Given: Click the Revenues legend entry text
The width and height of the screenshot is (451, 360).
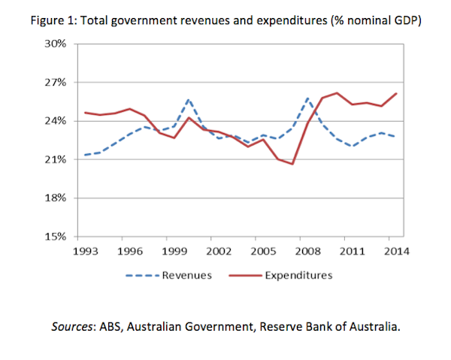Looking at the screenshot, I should click(x=187, y=275).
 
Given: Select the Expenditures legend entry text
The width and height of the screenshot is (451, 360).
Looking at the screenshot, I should click(x=298, y=275).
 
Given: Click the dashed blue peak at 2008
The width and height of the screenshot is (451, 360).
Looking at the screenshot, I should click(x=307, y=98).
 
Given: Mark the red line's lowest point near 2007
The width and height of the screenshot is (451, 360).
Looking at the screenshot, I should click(x=292, y=164).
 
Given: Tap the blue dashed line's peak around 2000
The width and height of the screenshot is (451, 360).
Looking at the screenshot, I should click(x=189, y=99).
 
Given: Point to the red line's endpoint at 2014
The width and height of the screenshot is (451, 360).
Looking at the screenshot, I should click(x=396, y=94).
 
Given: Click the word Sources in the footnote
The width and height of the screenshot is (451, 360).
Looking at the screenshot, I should click(x=73, y=328).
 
